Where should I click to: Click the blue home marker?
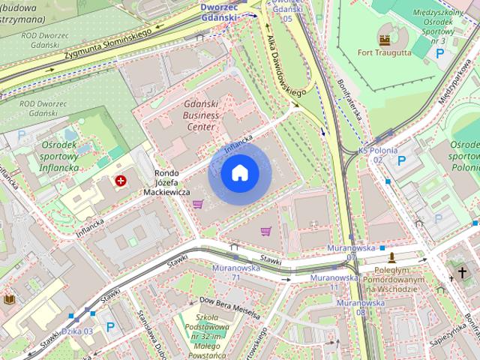[x=239, y=173]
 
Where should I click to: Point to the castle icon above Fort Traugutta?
[x=385, y=37]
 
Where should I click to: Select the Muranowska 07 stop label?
[x=352, y=252]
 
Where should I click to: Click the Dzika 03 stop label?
[x=77, y=331]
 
